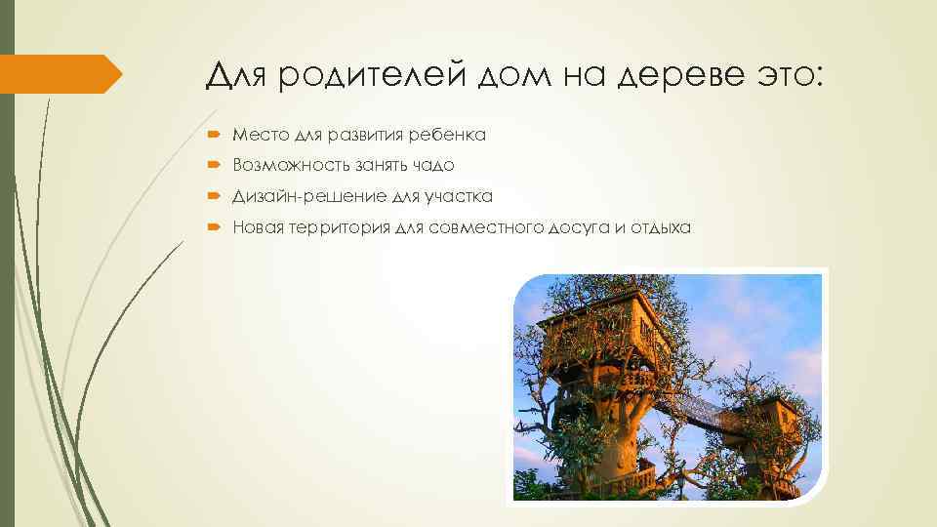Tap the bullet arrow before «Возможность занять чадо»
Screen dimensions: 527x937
(215, 166)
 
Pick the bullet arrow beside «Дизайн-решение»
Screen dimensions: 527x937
(215, 197)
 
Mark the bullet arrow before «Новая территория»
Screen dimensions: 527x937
(215, 228)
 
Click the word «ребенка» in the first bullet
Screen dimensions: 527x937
(448, 135)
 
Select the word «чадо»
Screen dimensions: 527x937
(433, 166)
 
